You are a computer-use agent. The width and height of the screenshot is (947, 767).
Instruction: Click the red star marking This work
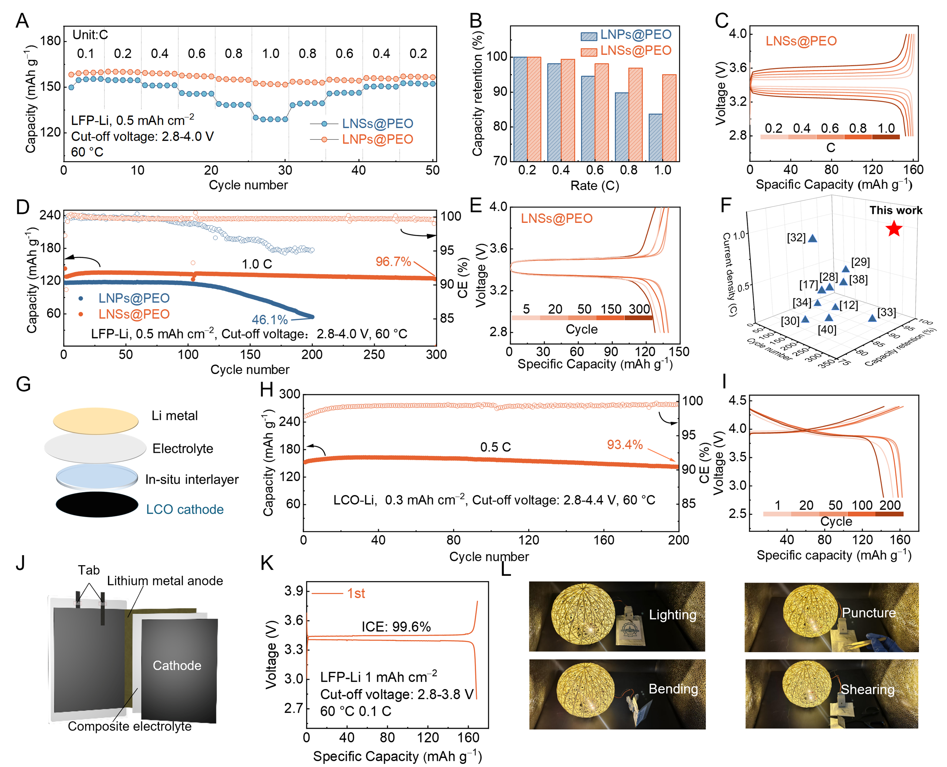click(x=893, y=228)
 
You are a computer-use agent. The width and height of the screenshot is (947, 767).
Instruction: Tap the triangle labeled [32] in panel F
click(x=812, y=238)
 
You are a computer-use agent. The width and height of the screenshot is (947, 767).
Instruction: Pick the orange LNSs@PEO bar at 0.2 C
click(x=534, y=109)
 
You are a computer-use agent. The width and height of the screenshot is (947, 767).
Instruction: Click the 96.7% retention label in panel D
click(x=393, y=262)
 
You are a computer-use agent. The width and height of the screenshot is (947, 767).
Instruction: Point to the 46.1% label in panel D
click(x=269, y=319)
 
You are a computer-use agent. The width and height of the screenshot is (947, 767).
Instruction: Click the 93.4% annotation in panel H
click(x=624, y=444)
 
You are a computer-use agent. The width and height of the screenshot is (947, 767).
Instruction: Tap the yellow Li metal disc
click(x=96, y=420)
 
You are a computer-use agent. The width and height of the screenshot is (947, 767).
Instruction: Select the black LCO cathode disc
click(x=97, y=504)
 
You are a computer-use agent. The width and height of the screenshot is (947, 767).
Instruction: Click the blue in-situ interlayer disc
click(x=97, y=476)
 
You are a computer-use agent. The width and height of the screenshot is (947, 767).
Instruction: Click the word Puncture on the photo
click(x=868, y=613)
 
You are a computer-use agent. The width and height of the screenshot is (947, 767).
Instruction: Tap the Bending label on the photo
click(x=673, y=689)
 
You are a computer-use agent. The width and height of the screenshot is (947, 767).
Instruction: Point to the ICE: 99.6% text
click(x=396, y=627)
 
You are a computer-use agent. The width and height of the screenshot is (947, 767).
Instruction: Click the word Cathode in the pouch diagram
click(x=177, y=665)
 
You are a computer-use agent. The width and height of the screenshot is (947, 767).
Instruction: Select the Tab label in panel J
click(x=88, y=570)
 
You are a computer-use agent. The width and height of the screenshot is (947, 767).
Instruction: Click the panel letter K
click(x=267, y=563)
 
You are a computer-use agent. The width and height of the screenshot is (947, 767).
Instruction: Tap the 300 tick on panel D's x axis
click(x=436, y=354)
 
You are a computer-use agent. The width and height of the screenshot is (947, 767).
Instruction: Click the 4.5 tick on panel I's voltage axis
click(x=737, y=401)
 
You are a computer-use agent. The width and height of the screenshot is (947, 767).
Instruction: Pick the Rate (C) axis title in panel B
click(x=594, y=186)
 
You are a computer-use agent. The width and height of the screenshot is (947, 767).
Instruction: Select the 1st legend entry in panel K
click(x=356, y=593)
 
